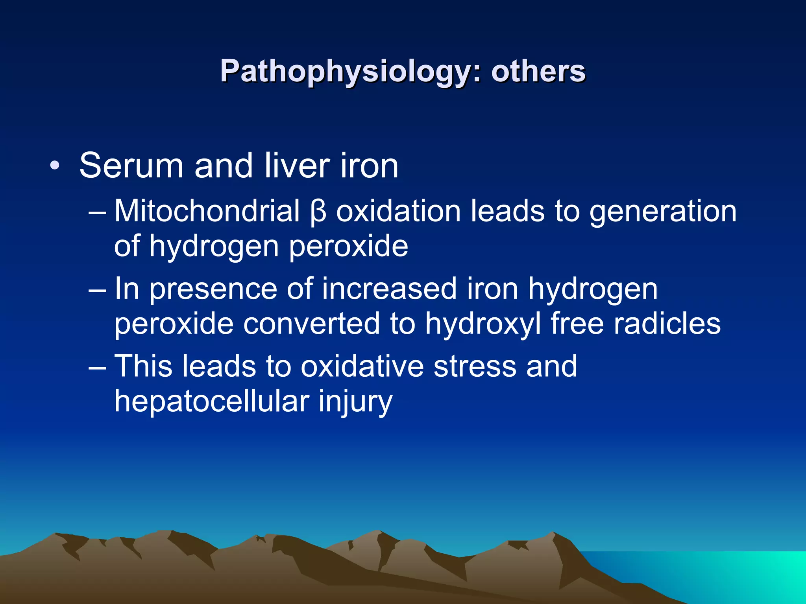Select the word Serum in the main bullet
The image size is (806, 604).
tap(131, 166)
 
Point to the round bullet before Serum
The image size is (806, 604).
tap(55, 166)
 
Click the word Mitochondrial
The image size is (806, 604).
tap(207, 211)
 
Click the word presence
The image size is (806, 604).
tap(213, 289)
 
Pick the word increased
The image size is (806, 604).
tap(389, 289)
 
